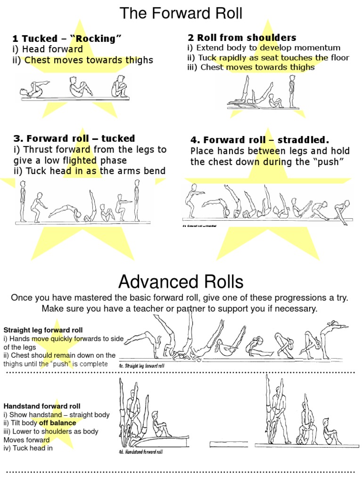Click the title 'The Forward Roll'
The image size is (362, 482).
pyautogui.click(x=181, y=13)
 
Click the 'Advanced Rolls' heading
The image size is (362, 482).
pyautogui.click(x=181, y=282)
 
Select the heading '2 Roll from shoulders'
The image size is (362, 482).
pyautogui.click(x=242, y=38)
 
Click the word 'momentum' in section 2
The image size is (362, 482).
pyautogui.click(x=318, y=48)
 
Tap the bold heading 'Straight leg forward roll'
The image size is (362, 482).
pyautogui.click(x=43, y=330)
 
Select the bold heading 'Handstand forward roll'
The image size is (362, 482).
pyautogui.click(x=42, y=406)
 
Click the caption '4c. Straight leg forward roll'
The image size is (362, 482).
pyautogui.click(x=141, y=366)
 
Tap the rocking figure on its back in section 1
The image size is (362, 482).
pyautogui.click(x=32, y=90)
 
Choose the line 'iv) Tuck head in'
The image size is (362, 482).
pyautogui.click(x=28, y=448)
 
